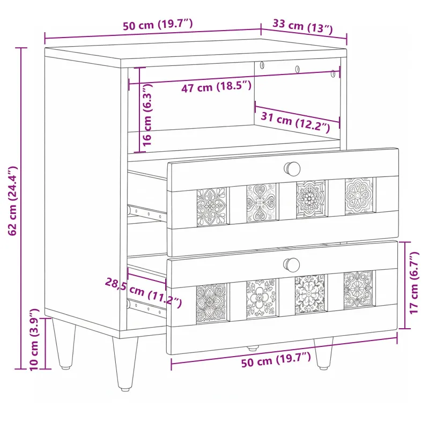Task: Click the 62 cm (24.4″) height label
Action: [12, 201]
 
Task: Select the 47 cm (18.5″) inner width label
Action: [216, 87]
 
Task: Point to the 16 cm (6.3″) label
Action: [147, 115]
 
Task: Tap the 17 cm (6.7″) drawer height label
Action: [414, 283]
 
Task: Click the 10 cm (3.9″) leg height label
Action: [34, 339]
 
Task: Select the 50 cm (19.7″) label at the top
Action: [158, 24]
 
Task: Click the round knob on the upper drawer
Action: [292, 168]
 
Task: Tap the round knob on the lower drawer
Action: [292, 264]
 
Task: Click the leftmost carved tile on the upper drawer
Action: [212, 207]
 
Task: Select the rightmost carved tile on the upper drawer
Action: [359, 195]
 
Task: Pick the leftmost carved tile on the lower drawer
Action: [211, 303]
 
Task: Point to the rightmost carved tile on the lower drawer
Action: [358, 290]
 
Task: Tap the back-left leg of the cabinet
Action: [64, 344]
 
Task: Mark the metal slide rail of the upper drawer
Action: [147, 212]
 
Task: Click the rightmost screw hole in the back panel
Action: [332, 73]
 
